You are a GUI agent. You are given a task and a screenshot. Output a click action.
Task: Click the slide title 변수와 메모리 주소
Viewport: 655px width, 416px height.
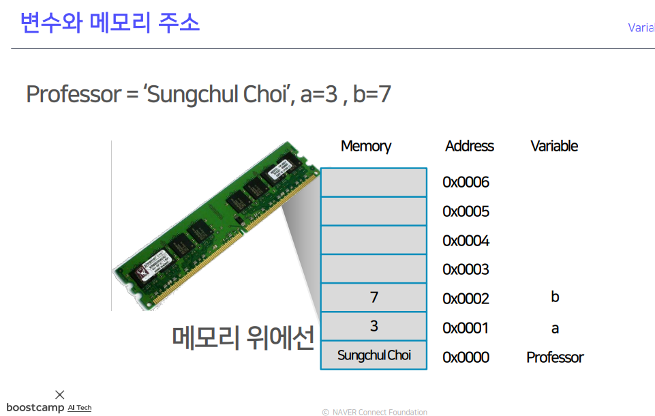[x=110, y=23]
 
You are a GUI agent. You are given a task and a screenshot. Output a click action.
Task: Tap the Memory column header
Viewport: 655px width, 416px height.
[x=366, y=146]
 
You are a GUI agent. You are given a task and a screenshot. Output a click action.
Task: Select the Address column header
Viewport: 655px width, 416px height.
[x=469, y=146]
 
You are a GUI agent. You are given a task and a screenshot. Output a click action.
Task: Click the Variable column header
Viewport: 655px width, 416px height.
[x=554, y=146]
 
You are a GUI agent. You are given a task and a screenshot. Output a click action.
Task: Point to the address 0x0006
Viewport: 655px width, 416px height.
[x=466, y=182]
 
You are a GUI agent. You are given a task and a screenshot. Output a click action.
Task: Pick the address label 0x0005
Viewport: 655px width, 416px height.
[x=466, y=211]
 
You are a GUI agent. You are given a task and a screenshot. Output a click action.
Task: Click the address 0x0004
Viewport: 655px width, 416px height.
[x=466, y=241]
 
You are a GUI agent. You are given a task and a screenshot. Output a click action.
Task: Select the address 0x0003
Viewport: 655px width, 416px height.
[x=466, y=269]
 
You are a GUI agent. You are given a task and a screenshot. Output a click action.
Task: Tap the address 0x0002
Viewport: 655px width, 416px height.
[x=466, y=299]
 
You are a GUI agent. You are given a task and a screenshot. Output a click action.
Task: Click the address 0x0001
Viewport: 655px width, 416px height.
[x=466, y=328]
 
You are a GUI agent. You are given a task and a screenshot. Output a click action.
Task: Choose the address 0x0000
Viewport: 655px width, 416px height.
[x=466, y=357]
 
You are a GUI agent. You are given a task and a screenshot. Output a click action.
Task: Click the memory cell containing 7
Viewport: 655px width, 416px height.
[x=374, y=297]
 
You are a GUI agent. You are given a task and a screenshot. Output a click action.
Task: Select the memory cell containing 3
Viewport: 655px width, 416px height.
[x=374, y=327]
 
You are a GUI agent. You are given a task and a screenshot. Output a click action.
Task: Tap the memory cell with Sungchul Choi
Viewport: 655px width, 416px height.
[x=374, y=355]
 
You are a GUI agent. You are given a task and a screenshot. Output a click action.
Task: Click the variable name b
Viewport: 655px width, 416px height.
[x=555, y=297]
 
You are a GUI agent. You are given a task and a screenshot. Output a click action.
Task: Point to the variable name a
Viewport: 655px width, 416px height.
[x=555, y=329]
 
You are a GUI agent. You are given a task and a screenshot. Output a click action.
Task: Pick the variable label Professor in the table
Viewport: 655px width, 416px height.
[x=555, y=357]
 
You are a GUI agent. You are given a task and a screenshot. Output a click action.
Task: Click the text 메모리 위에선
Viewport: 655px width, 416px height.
[x=243, y=337]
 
